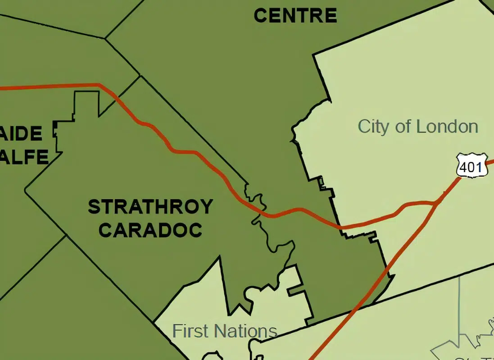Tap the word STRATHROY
(x=150, y=207)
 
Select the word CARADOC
(x=150, y=230)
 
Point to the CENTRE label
(x=295, y=16)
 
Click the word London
(x=447, y=127)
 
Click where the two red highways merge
(x=437, y=204)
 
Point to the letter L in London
(x=422, y=127)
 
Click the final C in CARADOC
(x=195, y=230)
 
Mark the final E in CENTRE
(x=331, y=16)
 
